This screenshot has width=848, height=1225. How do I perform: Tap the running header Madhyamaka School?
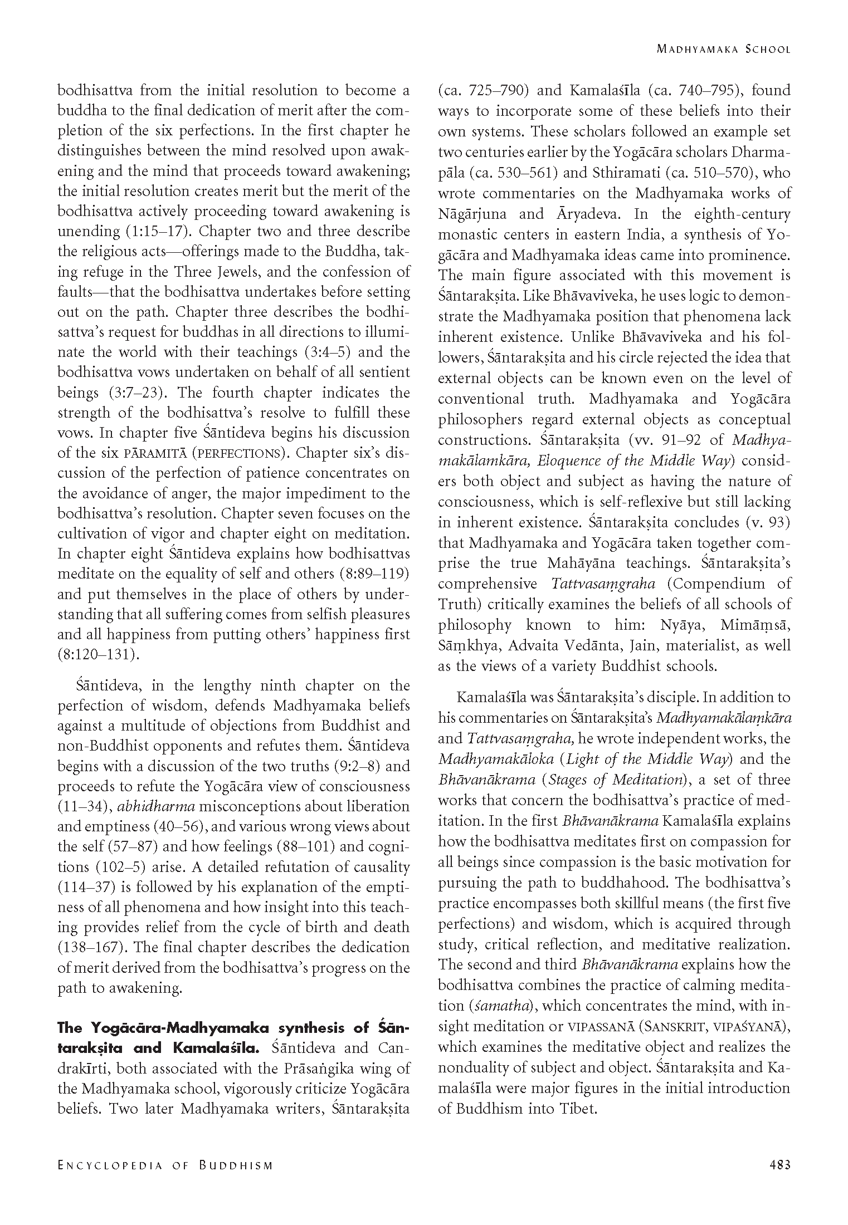tap(723, 49)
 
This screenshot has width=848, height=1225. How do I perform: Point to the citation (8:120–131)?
tap(98, 655)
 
